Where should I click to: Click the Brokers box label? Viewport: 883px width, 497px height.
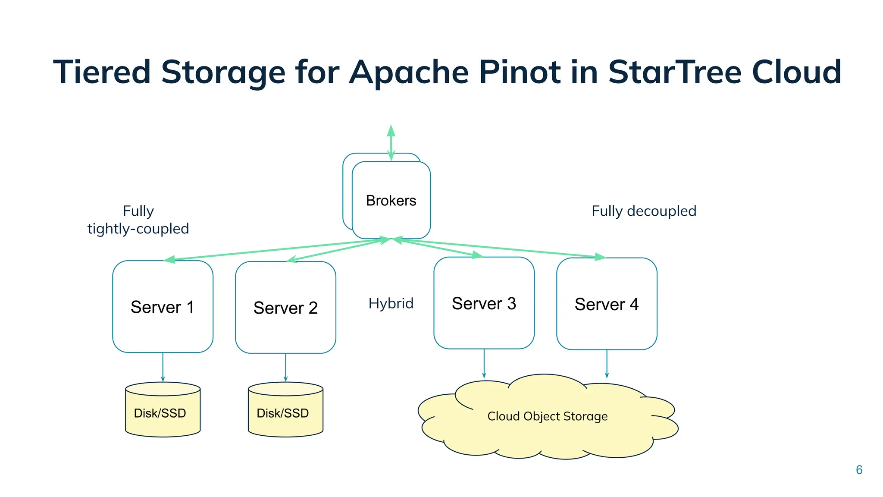point(391,201)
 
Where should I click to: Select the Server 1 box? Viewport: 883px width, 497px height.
point(163,307)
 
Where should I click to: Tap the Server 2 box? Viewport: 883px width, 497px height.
point(285,308)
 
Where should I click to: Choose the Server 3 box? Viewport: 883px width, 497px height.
point(484,303)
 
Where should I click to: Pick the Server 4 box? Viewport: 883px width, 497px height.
point(607,304)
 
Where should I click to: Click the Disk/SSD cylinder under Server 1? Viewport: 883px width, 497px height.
point(163,412)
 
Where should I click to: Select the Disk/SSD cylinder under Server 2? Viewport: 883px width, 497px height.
point(285,412)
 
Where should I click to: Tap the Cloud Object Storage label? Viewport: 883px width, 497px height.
point(547,416)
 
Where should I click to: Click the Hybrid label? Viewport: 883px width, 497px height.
point(391,303)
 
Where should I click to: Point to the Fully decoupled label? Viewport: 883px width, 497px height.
point(644,211)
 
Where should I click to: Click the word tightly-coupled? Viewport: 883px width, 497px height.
point(138,229)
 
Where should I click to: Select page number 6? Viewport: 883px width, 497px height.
point(859,470)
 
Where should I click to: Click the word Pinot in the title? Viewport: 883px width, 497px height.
point(520,72)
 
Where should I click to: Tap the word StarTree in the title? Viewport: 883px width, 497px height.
point(674,72)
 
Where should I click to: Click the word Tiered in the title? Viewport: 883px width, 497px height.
point(102,72)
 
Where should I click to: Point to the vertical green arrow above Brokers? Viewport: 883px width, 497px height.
point(391,142)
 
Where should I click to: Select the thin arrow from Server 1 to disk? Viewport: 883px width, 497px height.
point(163,367)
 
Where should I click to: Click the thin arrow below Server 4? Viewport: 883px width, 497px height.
point(607,364)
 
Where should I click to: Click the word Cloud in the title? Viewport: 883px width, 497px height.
point(796,72)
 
